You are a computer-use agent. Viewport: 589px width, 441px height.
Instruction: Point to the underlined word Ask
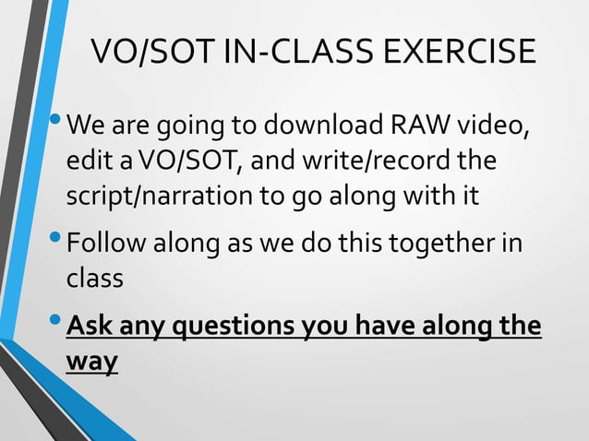pyautogui.click(x=90, y=327)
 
